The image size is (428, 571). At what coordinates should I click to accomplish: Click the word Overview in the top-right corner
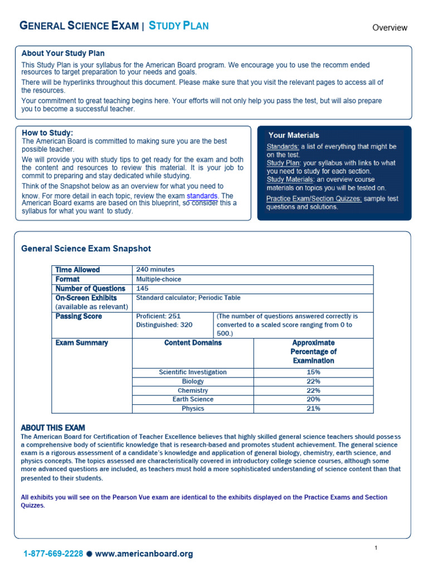(x=390, y=27)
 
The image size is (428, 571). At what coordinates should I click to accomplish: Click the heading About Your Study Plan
(x=63, y=54)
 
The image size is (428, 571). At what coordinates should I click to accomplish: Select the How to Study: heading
(x=47, y=133)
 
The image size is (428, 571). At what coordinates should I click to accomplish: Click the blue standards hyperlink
(x=202, y=196)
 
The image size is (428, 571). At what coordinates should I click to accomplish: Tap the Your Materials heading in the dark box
(x=294, y=135)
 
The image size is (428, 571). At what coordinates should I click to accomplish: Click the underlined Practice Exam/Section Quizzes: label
(x=314, y=199)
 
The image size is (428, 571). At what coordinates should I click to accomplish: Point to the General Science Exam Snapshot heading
(x=86, y=249)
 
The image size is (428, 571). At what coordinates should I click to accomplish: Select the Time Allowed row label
(x=77, y=270)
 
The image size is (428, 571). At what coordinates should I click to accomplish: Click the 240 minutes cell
(x=155, y=270)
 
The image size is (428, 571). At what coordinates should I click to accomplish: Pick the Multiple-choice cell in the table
(x=158, y=279)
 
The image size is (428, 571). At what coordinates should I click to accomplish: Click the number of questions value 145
(x=143, y=289)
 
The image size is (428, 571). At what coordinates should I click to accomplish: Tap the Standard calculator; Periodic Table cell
(x=188, y=298)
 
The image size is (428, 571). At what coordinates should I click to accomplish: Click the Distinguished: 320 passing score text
(x=164, y=325)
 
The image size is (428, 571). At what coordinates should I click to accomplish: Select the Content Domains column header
(x=193, y=343)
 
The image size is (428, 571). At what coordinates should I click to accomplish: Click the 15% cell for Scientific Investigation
(x=313, y=372)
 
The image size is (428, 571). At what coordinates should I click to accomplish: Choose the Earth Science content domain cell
(x=193, y=399)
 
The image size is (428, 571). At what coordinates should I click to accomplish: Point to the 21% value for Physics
(x=313, y=409)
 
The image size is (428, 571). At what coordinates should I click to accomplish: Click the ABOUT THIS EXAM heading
(x=53, y=428)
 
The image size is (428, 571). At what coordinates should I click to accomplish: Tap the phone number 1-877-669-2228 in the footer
(x=53, y=554)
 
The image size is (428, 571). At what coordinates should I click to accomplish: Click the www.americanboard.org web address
(x=144, y=554)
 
